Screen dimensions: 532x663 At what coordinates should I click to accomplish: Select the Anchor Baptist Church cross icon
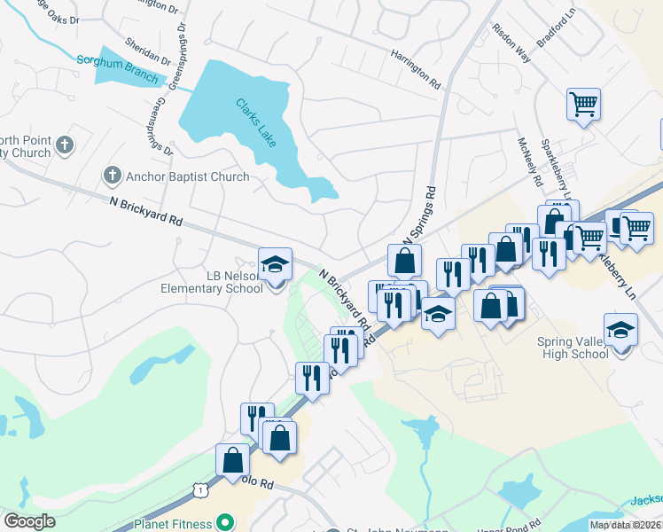click(x=113, y=176)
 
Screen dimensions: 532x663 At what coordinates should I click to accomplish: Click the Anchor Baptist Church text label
click(x=188, y=176)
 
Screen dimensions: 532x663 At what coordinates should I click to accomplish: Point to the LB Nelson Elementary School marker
click(x=275, y=263)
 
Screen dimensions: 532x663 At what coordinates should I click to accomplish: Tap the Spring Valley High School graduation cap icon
click(x=620, y=330)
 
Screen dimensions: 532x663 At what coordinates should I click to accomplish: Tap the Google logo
click(x=29, y=521)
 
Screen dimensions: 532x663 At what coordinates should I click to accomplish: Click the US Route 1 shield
click(x=201, y=489)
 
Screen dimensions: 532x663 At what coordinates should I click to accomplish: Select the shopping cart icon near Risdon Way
click(x=583, y=105)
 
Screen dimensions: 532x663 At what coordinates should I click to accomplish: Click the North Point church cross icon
click(x=64, y=144)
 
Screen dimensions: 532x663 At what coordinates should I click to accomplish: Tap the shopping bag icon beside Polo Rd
click(x=232, y=460)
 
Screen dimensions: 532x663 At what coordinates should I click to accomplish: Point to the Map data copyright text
click(x=626, y=525)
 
